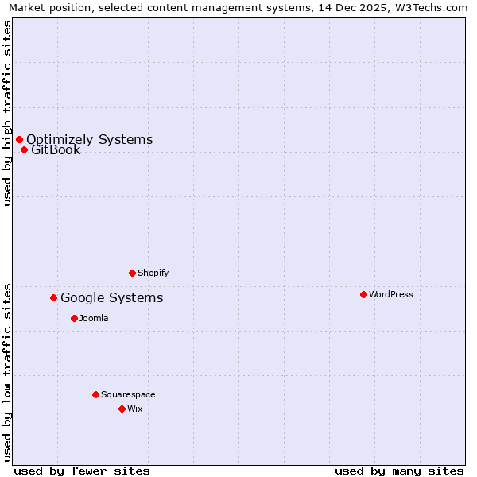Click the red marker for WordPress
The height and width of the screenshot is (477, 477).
click(x=363, y=294)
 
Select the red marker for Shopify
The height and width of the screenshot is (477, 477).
click(x=132, y=273)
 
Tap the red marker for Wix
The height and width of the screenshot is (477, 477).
click(x=122, y=409)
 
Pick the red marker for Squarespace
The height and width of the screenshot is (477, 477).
click(x=95, y=394)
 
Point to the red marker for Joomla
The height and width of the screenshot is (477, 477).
click(x=74, y=318)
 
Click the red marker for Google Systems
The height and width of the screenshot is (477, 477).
click(x=53, y=297)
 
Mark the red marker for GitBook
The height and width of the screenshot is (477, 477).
click(x=24, y=149)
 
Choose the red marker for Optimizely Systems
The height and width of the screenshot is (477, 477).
click(x=19, y=139)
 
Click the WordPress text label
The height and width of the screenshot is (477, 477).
click(x=391, y=294)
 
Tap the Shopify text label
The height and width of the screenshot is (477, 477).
click(x=153, y=273)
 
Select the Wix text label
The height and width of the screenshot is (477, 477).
click(x=135, y=409)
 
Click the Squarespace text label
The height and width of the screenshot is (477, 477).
click(x=128, y=394)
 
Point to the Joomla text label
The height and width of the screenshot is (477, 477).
click(x=94, y=318)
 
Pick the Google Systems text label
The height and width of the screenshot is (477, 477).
click(x=112, y=297)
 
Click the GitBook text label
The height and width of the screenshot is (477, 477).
click(x=56, y=149)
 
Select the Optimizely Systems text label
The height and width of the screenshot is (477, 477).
click(x=89, y=139)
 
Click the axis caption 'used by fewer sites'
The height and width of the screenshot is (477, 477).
click(x=82, y=471)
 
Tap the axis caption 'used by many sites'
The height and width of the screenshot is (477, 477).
click(x=399, y=471)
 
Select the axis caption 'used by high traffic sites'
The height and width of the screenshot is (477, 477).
click(x=8, y=114)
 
